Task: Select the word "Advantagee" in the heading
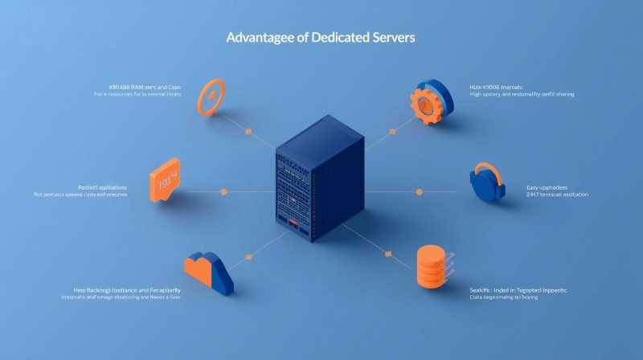pos(261,39)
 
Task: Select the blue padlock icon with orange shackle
pos(489,184)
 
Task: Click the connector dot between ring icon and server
pos(248,131)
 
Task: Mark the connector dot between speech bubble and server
pos(223,191)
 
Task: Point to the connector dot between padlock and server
pos(419,191)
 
